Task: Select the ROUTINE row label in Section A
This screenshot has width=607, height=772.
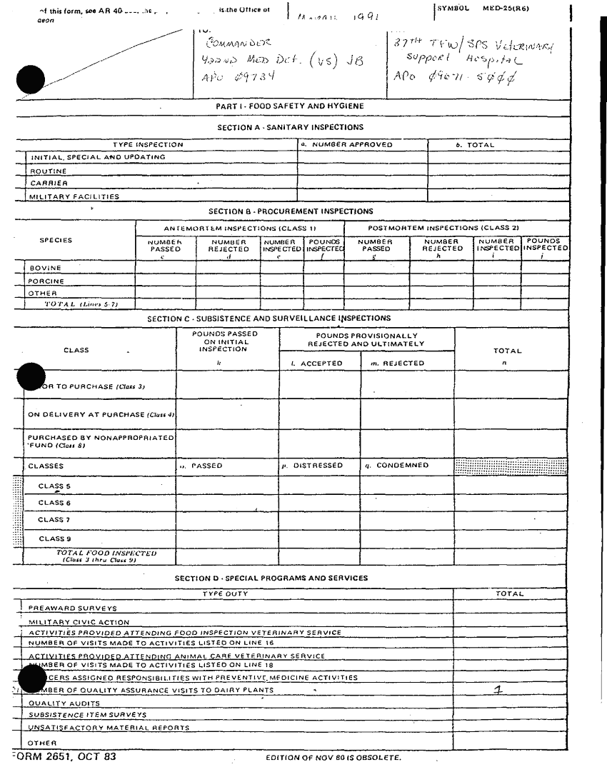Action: click(x=49, y=171)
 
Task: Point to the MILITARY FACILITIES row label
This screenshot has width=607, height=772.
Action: click(x=74, y=196)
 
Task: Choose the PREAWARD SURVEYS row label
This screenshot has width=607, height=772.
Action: click(x=72, y=608)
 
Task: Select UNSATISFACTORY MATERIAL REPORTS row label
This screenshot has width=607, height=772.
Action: click(x=109, y=728)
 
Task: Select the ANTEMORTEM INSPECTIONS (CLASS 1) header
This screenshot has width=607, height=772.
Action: click(x=240, y=228)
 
